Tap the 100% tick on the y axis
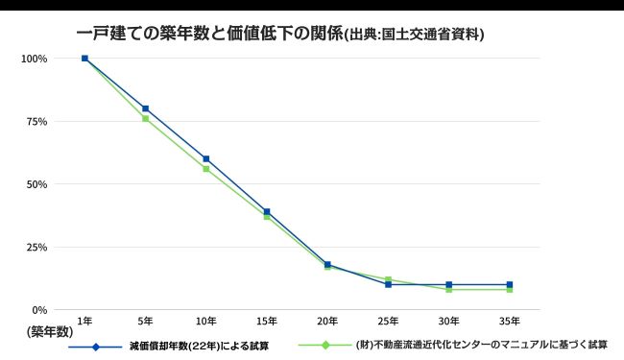(x=35, y=59)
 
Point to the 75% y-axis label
(x=36, y=121)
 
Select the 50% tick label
(x=36, y=184)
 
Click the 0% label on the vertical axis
(x=39, y=310)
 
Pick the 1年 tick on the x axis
(x=84, y=320)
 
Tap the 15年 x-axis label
(x=267, y=320)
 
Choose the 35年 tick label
(x=510, y=320)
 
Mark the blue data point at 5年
(x=145, y=108)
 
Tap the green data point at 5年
(x=145, y=118)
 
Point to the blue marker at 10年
(x=205, y=158)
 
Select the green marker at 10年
(x=205, y=169)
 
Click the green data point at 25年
(x=388, y=279)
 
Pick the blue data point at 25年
(x=388, y=285)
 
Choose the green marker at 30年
(x=449, y=289)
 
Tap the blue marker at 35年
(x=510, y=284)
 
